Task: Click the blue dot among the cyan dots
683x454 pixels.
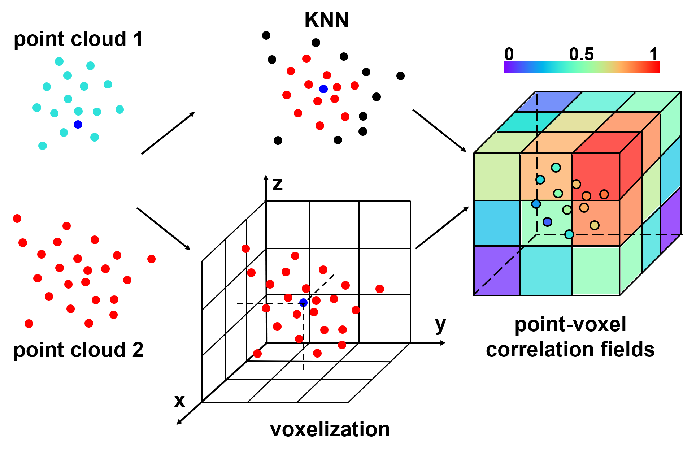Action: point(78,125)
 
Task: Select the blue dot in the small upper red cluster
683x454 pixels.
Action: point(323,89)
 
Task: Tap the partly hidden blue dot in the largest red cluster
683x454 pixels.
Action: point(303,302)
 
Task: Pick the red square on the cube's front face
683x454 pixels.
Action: point(596,177)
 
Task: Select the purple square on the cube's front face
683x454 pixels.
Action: point(497,270)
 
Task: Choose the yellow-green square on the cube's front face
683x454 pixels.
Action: point(497,177)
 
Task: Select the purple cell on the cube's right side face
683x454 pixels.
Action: point(670,220)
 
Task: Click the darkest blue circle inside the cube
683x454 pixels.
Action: point(547,222)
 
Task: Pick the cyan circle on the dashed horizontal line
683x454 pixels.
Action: point(569,234)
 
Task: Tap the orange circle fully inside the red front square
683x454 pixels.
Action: point(586,196)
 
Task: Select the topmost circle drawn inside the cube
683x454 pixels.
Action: point(556,168)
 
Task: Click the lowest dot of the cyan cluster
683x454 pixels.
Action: point(43,146)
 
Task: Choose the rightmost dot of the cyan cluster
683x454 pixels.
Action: point(119,109)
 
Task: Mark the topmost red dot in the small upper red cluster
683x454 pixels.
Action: point(306,59)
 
